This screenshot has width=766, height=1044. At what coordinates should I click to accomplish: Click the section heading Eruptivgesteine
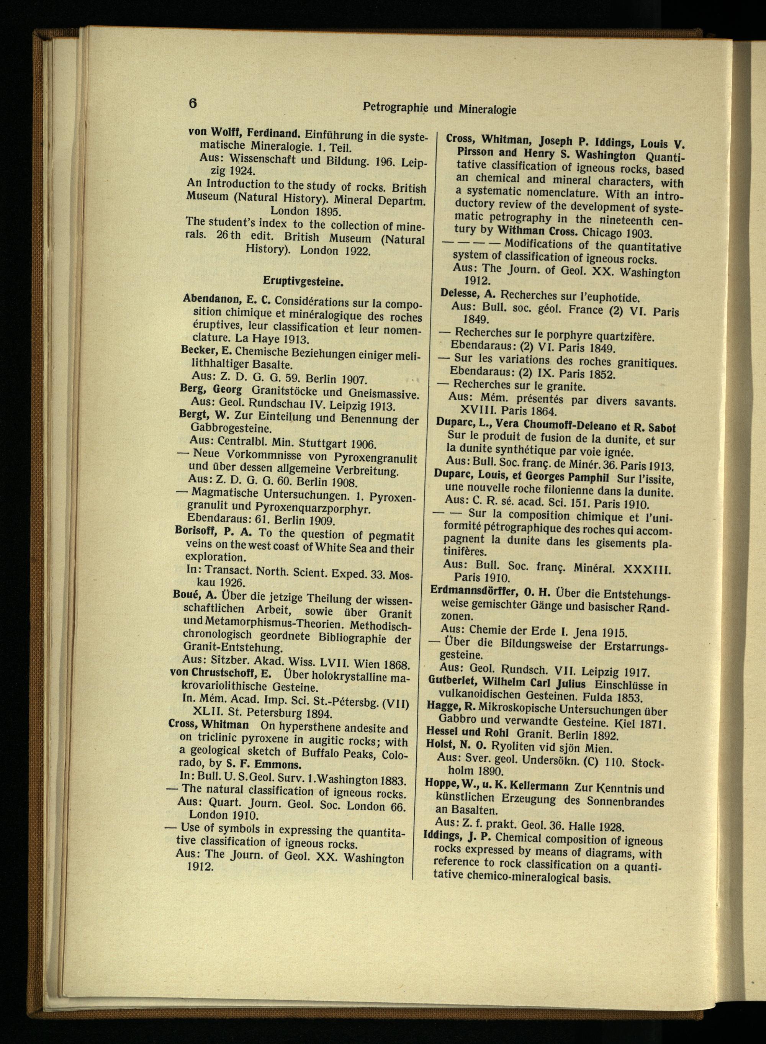pos(303,281)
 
